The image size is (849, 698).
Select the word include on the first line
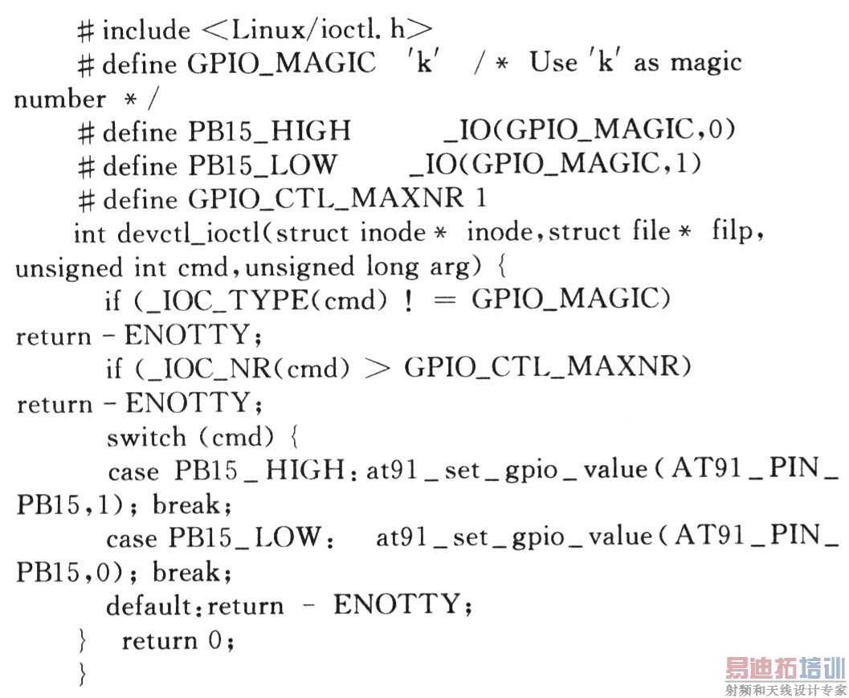click(146, 31)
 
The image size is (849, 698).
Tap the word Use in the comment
click(553, 63)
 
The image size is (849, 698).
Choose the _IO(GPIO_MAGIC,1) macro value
click(555, 164)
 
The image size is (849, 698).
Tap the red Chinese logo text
click(785, 668)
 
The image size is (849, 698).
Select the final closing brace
click(81, 673)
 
